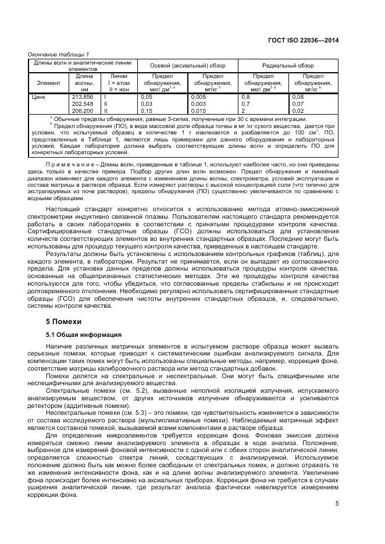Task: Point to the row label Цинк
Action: (x=38, y=97)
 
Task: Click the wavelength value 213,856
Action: (x=82, y=97)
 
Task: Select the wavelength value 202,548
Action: (x=82, y=104)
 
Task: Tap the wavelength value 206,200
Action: (x=82, y=110)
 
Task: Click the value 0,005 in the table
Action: (x=199, y=97)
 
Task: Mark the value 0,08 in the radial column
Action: (x=297, y=97)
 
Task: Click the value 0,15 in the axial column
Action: (x=147, y=110)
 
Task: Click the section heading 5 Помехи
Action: (x=64, y=322)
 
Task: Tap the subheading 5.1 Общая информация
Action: (x=84, y=335)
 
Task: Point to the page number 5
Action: (x=337, y=504)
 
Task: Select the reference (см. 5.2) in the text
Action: (x=129, y=391)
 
